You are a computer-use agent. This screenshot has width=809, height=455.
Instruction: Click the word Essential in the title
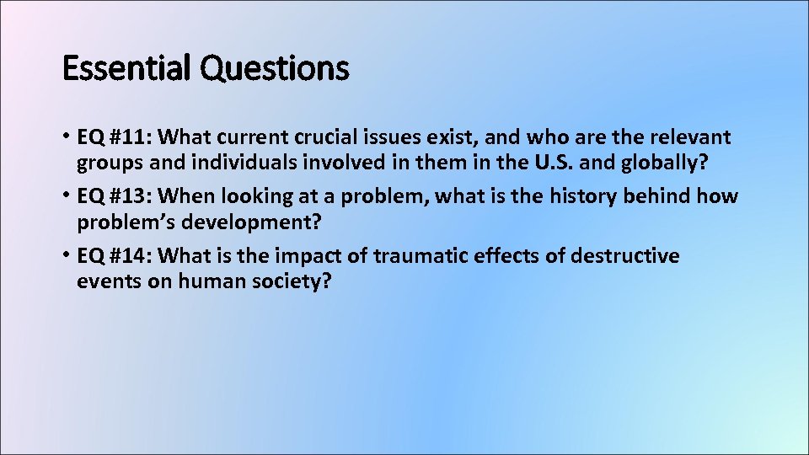[x=127, y=68]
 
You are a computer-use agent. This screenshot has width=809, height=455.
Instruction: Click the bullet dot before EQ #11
[x=67, y=136]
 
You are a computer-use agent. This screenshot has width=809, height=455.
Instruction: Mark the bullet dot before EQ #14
[x=67, y=254]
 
